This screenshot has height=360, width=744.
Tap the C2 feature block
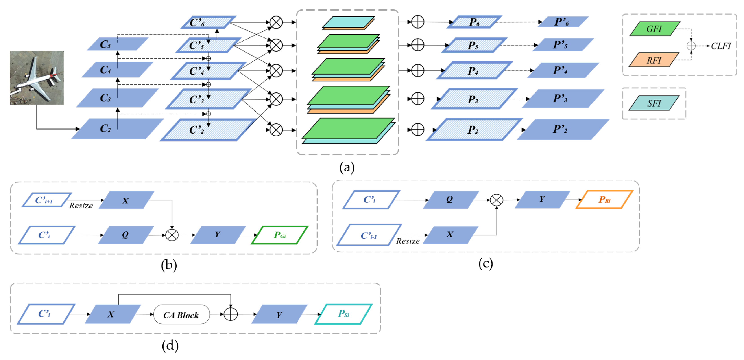coord(117,129)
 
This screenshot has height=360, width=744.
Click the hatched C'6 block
coord(208,22)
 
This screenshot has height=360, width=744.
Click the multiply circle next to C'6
coord(276,22)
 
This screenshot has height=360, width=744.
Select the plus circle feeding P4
coord(417,70)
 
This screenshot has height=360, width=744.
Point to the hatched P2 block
coord(474,130)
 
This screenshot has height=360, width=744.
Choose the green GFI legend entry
coord(654,29)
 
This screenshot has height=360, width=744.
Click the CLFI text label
coord(721,46)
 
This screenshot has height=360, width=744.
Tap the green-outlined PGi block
coord(279,235)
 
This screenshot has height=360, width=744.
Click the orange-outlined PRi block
coord(604,199)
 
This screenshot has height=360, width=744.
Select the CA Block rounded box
coord(181,315)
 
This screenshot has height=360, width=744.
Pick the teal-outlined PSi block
coord(343,314)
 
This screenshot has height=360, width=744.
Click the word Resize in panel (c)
coord(408,241)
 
